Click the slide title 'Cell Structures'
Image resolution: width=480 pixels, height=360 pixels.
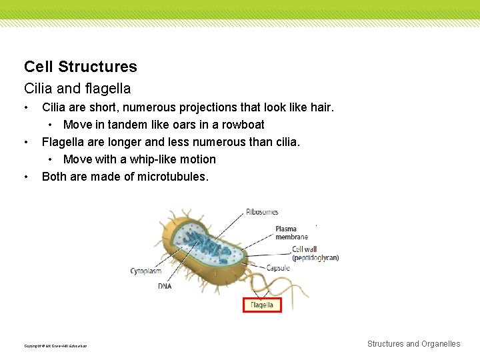click(x=80, y=67)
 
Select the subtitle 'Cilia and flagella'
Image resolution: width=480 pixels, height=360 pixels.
click(x=77, y=88)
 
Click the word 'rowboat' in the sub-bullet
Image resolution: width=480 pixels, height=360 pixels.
click(x=243, y=125)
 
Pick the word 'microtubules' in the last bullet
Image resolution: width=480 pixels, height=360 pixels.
click(x=172, y=177)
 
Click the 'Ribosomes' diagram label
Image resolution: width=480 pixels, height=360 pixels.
click(x=262, y=212)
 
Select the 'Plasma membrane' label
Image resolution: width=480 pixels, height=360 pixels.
click(x=291, y=233)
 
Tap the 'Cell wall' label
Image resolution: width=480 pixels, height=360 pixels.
click(x=309, y=250)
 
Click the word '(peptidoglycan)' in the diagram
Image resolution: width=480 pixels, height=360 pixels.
click(x=315, y=258)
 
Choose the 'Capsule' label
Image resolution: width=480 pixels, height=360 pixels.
click(x=278, y=268)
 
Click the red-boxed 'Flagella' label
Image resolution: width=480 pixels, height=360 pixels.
click(x=261, y=305)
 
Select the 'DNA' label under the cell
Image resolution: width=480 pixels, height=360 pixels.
click(x=165, y=286)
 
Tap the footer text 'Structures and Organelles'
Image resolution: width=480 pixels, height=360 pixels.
click(x=413, y=344)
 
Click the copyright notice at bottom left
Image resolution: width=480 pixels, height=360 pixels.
click(x=55, y=345)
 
